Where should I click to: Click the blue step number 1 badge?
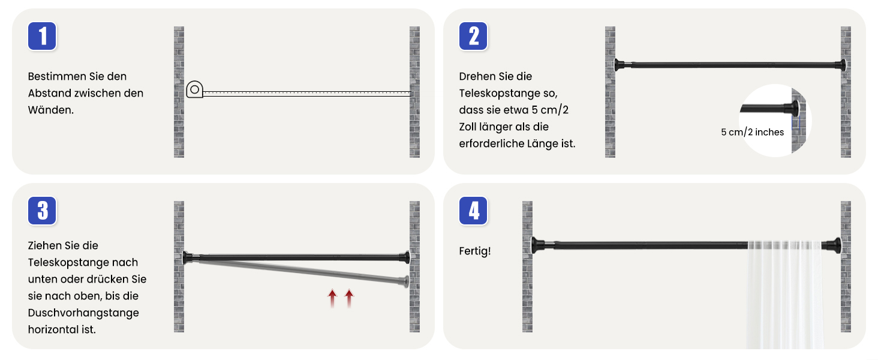click(x=42, y=36)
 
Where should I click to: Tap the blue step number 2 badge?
click(x=473, y=36)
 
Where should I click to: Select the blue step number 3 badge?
click(x=42, y=211)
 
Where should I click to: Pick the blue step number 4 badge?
click(x=473, y=211)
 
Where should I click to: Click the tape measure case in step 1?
click(x=194, y=89)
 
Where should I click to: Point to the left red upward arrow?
click(x=332, y=298)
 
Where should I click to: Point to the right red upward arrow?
click(x=349, y=298)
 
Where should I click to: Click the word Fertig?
click(x=474, y=251)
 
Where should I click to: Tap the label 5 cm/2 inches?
click(x=752, y=132)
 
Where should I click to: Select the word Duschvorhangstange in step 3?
click(x=83, y=313)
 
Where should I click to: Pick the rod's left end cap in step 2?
click(x=619, y=65)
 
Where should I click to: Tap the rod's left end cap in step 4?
click(x=537, y=245)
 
